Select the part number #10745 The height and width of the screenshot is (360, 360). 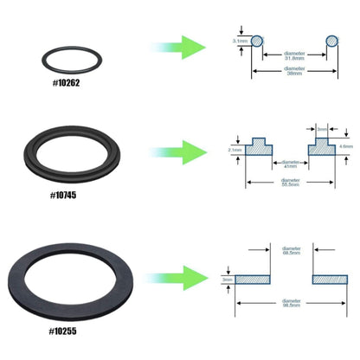click(x=64, y=196)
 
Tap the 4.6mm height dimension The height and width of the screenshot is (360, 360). click(x=346, y=147)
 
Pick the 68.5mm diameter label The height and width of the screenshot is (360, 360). click(x=292, y=252)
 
